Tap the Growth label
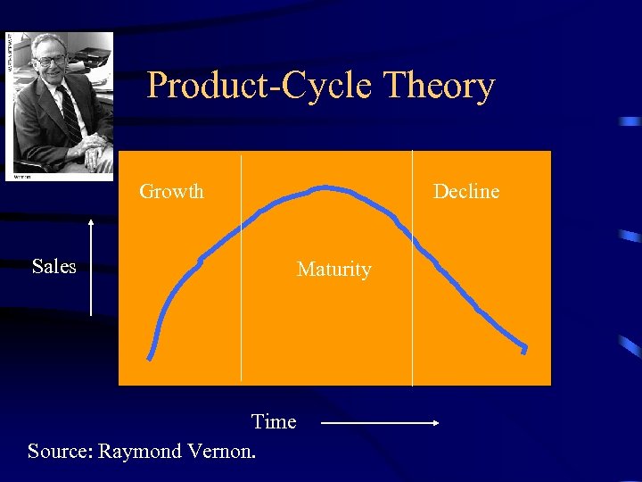click(x=171, y=191)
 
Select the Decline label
click(x=465, y=191)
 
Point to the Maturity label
click(x=333, y=269)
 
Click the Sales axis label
click(x=53, y=266)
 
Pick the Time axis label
click(x=273, y=421)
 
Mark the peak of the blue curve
click(x=325, y=187)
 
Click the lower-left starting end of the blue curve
click(x=150, y=357)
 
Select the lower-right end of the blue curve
click(x=524, y=349)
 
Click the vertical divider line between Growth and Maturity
click(x=241, y=268)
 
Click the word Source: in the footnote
click(x=60, y=451)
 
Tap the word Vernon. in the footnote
click(x=222, y=451)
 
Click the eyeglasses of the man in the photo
click(x=50, y=61)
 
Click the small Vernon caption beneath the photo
click(x=22, y=177)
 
